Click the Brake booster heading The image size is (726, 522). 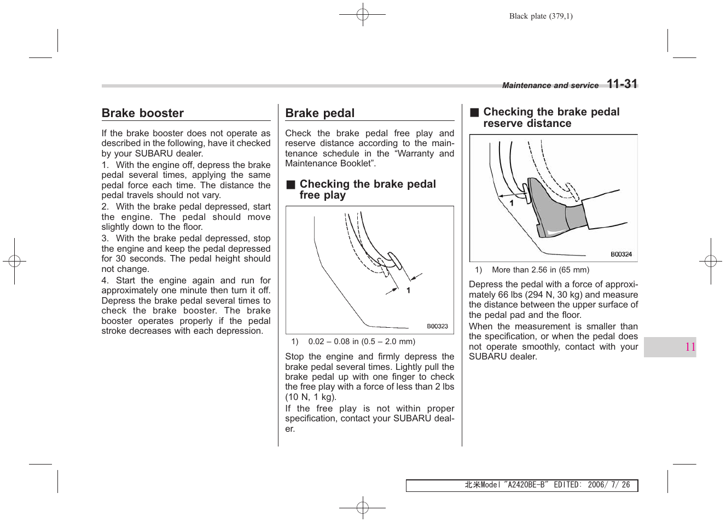[x=143, y=113]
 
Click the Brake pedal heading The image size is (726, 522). [x=320, y=113]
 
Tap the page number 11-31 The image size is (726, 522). [x=622, y=84]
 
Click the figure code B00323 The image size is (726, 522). [x=437, y=326]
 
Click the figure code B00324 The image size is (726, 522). [x=621, y=254]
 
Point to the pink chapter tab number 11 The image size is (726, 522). [x=690, y=347]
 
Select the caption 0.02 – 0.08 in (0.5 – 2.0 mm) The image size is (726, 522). [x=361, y=341]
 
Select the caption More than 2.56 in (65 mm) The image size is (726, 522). [x=540, y=270]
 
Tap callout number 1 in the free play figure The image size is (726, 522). [x=408, y=291]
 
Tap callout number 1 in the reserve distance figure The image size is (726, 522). [x=512, y=203]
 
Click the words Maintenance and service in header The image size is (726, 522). [x=550, y=85]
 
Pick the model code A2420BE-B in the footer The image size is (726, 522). [x=526, y=485]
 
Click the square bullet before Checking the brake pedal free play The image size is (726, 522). [x=291, y=184]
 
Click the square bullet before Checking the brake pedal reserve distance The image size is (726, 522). [x=474, y=112]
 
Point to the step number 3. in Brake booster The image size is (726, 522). [x=105, y=239]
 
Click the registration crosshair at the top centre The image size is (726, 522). [x=362, y=15]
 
